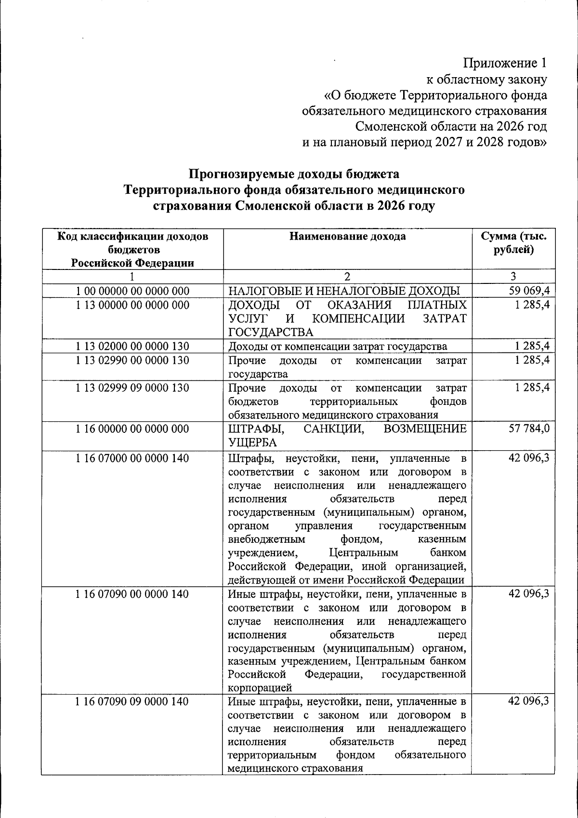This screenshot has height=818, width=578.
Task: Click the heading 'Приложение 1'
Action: tap(505, 63)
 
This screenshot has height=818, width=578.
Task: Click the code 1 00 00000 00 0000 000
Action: tap(132, 291)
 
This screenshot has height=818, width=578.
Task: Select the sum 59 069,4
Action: tap(529, 290)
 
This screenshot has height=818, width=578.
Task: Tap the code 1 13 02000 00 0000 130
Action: tap(132, 346)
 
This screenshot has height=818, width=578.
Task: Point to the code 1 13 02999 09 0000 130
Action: tap(132, 388)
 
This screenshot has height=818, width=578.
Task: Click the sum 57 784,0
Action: tap(529, 429)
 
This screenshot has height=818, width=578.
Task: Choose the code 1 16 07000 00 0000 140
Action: tap(132, 458)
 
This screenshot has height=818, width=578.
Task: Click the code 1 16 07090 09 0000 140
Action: tap(132, 701)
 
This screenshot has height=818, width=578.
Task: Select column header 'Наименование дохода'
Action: tap(347, 236)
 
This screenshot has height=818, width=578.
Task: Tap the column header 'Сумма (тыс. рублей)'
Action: tap(513, 243)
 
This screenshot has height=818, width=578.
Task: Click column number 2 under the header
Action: tap(347, 276)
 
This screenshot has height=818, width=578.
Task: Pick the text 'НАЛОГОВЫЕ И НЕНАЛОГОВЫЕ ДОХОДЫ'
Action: tap(344, 291)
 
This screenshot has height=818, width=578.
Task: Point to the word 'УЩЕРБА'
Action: tap(252, 443)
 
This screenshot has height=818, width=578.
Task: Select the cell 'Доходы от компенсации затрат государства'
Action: tap(337, 346)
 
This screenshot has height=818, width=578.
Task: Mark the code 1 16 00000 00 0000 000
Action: tap(132, 429)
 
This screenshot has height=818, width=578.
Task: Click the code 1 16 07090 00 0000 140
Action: tap(132, 594)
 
